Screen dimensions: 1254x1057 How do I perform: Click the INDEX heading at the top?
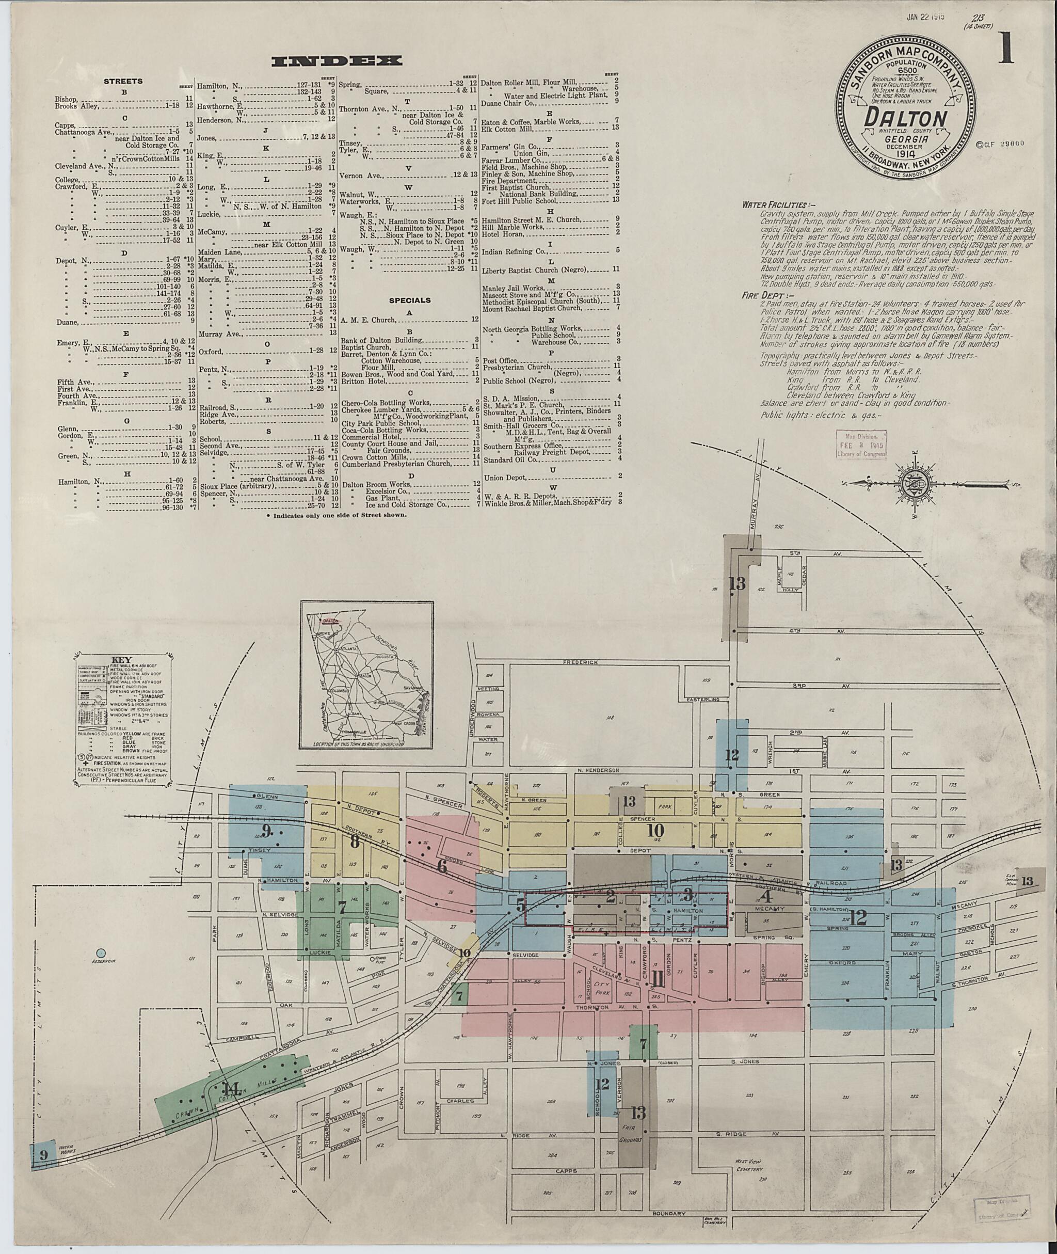click(336, 61)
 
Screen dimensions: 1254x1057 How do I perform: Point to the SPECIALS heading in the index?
click(410, 300)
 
